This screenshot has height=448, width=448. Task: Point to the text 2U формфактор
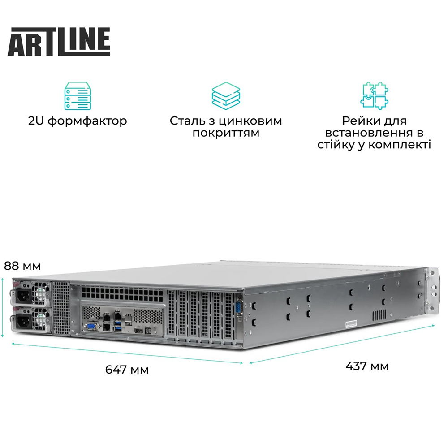point(77,121)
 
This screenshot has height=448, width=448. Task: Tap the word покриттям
point(226,133)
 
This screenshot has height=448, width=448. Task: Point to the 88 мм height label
point(22,266)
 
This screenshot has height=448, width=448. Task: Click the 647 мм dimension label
point(127,370)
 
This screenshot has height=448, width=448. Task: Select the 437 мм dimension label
point(367,366)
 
